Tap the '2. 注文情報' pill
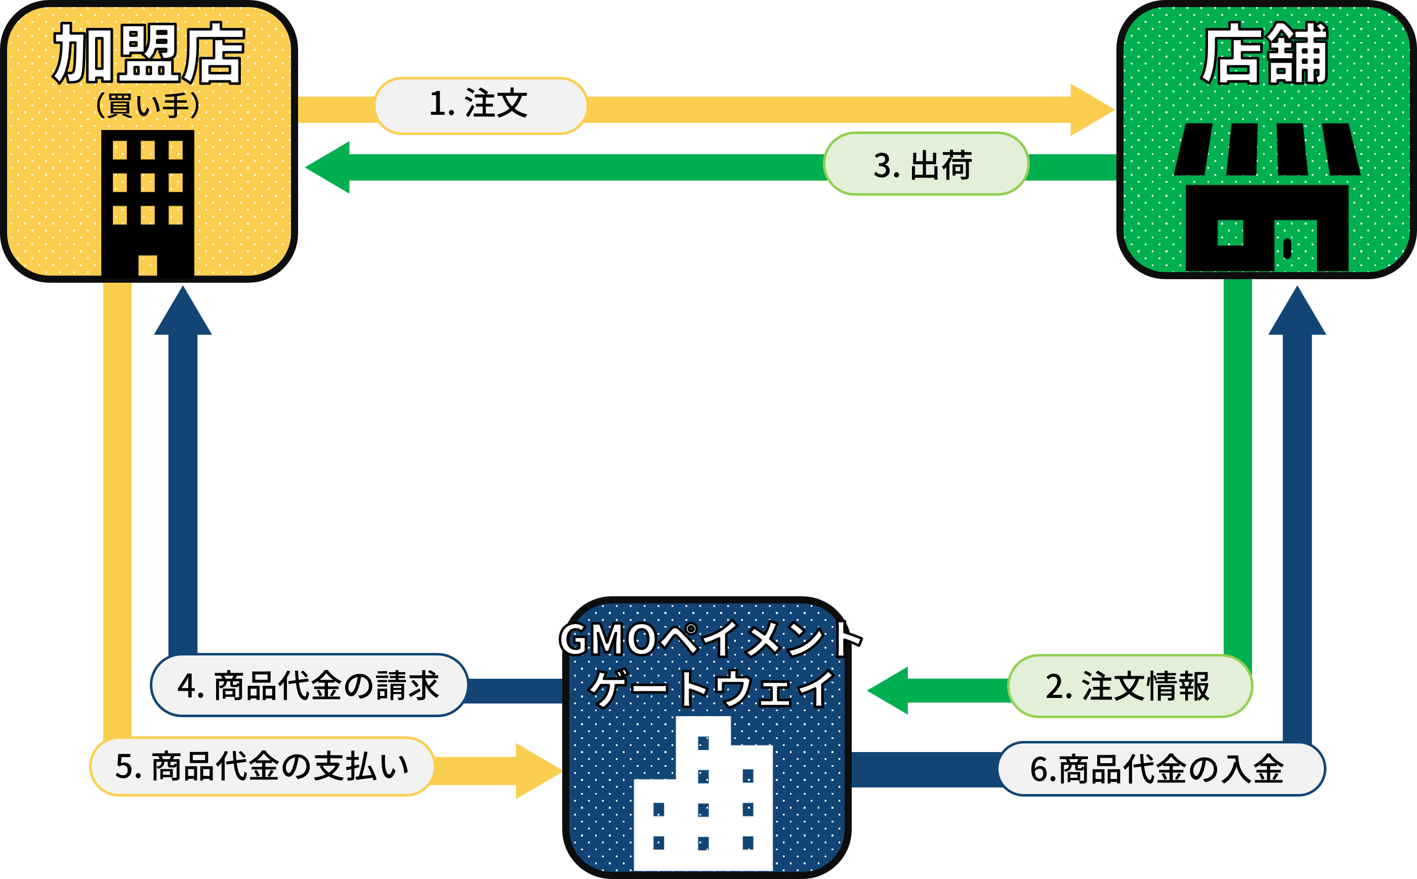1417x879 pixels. (x=1129, y=686)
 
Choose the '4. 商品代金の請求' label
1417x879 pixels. (x=309, y=685)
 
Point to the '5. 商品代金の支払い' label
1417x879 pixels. (x=262, y=766)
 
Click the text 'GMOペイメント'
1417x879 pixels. (x=710, y=639)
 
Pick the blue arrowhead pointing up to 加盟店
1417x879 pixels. (x=183, y=314)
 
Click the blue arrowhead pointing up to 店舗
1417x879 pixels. (x=1297, y=314)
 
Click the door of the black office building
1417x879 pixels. (x=148, y=265)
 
